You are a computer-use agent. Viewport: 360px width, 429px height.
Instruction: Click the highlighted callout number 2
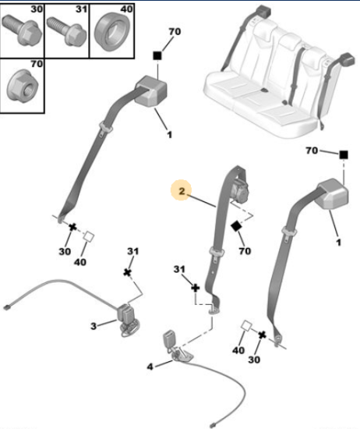[x=182, y=190]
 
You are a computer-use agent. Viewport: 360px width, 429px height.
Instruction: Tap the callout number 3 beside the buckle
[x=94, y=326]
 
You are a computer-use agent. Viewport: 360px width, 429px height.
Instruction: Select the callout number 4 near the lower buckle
[x=150, y=367]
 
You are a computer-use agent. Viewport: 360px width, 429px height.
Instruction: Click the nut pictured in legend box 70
[x=23, y=85]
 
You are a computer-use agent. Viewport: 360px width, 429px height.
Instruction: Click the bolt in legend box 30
[x=22, y=30]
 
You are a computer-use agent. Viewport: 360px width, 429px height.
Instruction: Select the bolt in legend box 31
[x=67, y=31]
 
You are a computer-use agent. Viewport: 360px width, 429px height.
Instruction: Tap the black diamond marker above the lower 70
[x=236, y=226]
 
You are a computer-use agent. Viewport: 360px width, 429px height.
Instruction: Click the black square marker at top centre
[x=157, y=56]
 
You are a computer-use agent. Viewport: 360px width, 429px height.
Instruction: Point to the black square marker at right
[x=344, y=155]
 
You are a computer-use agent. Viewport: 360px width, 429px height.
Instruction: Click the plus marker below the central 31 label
[x=195, y=288]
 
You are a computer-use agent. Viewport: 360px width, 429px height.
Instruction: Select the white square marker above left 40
[x=89, y=236]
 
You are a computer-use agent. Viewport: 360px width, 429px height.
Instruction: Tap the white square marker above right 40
[x=246, y=326]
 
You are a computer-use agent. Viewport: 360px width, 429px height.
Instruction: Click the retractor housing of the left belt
[x=150, y=90]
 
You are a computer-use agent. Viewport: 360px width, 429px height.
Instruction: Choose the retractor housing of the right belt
[x=332, y=194]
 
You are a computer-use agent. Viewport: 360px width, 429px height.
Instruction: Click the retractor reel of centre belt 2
[x=240, y=190]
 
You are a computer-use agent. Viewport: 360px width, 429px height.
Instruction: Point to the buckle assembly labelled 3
[x=127, y=319]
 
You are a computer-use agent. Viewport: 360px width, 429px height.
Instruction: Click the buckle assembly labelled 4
[x=176, y=346]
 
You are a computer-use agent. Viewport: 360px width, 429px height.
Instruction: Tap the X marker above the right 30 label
[x=262, y=335]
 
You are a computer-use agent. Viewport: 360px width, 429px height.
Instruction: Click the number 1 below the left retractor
[x=169, y=135]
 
